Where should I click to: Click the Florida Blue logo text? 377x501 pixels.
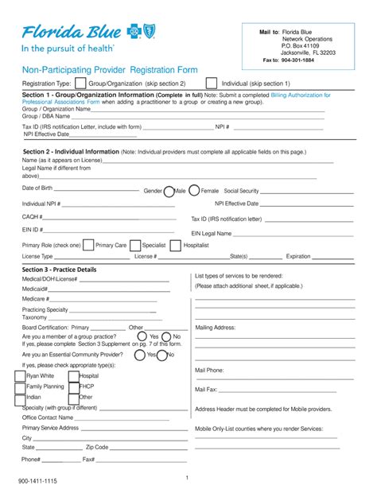coord(72,32)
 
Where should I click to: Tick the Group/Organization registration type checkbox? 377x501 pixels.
coord(80,83)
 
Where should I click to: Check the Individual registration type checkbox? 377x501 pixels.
coord(211,83)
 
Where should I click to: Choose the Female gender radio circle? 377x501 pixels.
coord(193,191)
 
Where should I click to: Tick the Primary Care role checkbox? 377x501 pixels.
coord(87,245)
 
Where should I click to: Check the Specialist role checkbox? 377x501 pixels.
coord(135,245)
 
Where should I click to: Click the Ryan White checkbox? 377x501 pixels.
coord(20,375)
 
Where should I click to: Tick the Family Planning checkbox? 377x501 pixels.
coord(20,386)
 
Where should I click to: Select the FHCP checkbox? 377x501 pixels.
coord(73,386)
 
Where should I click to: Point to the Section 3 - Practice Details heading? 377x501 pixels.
coord(59,270)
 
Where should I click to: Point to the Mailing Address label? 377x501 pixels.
coord(215,327)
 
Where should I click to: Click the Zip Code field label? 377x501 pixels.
coord(96,448)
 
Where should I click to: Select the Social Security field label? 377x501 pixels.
coord(241,192)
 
